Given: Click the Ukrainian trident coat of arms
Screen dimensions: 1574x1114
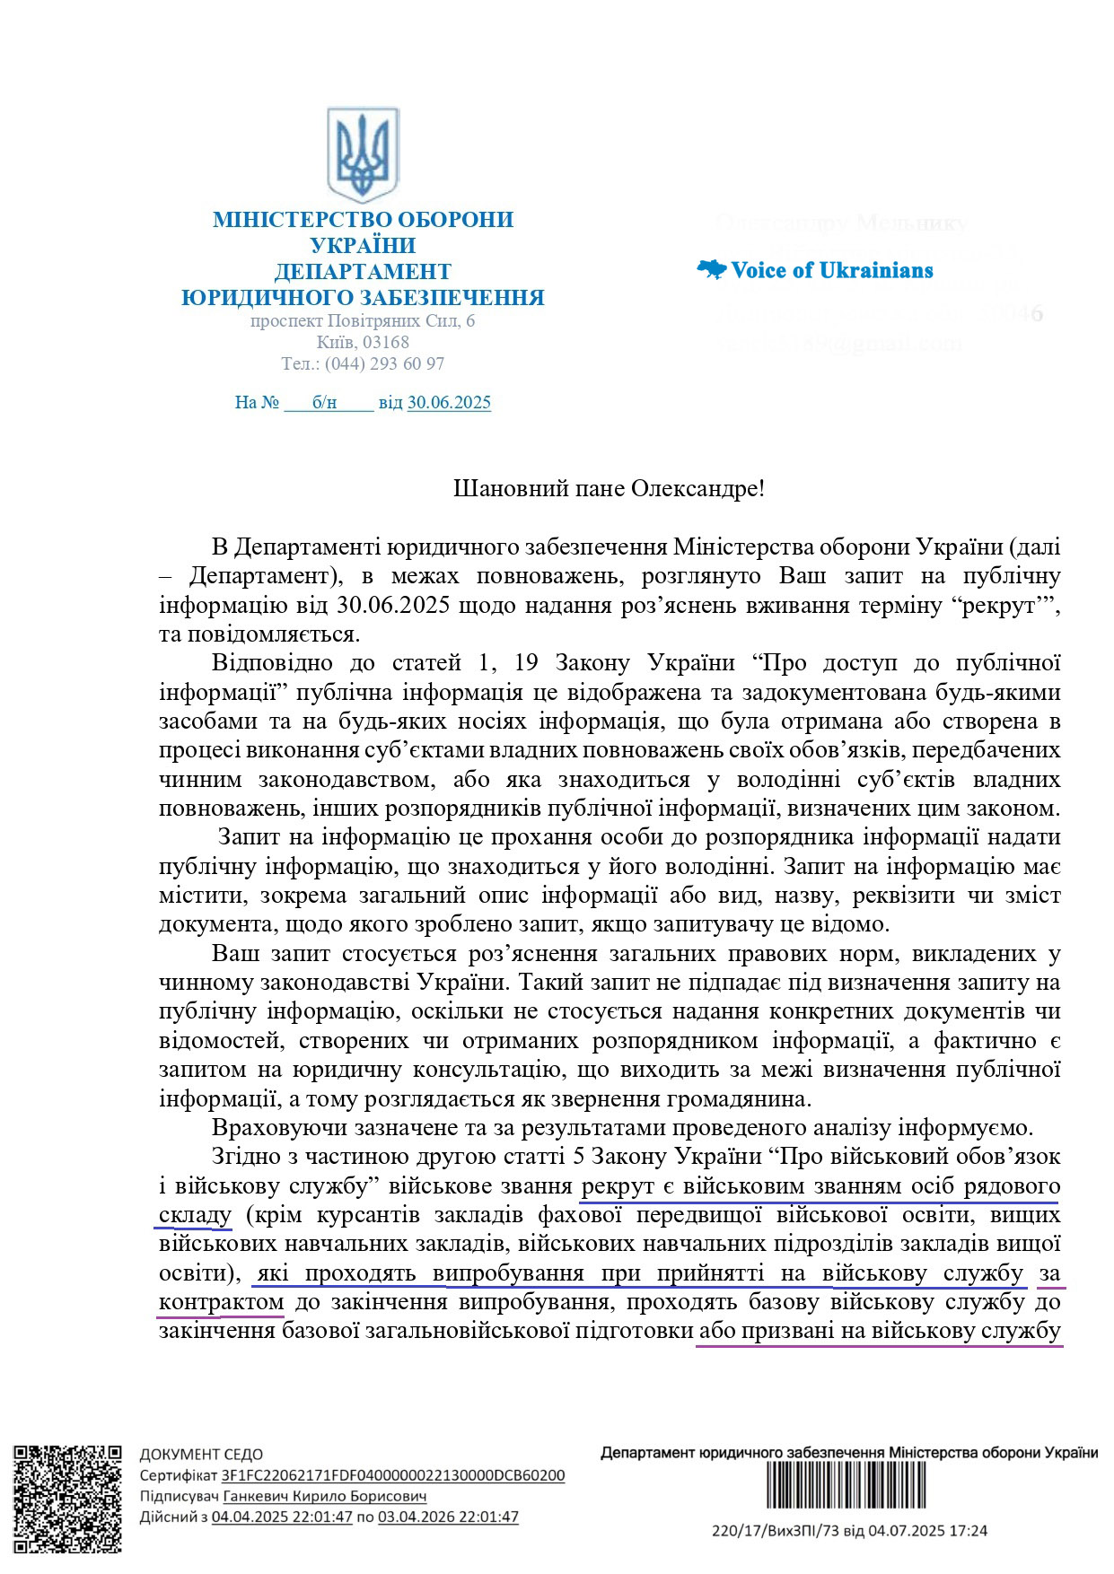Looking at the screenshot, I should pyautogui.click(x=363, y=154).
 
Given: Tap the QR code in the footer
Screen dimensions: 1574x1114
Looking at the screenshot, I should pyautogui.click(x=68, y=1498).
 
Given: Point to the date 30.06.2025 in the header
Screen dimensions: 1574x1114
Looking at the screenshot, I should pyautogui.click(x=449, y=402).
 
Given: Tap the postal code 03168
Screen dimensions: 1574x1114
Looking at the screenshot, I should pyautogui.click(x=388, y=342).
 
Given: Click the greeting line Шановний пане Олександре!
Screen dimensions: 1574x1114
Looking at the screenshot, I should pyautogui.click(x=610, y=489).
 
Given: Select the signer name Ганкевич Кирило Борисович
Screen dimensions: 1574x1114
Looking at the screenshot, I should pyautogui.click(x=324, y=1496).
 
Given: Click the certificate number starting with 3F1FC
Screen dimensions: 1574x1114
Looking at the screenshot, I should pyautogui.click(x=393, y=1475).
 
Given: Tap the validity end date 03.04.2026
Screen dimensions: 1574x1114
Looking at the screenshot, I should pyautogui.click(x=448, y=1517).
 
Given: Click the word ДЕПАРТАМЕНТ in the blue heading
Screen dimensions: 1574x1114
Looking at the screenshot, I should pyautogui.click(x=363, y=271).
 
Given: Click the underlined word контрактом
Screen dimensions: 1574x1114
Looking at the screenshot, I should pyautogui.click(x=221, y=1302).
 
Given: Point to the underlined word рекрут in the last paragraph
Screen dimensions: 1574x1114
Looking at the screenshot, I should pyautogui.click(x=618, y=1186).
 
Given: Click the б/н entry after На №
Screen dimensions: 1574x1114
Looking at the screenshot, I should pyautogui.click(x=325, y=402).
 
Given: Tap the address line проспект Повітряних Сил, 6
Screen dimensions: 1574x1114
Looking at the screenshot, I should pyautogui.click(x=363, y=320).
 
